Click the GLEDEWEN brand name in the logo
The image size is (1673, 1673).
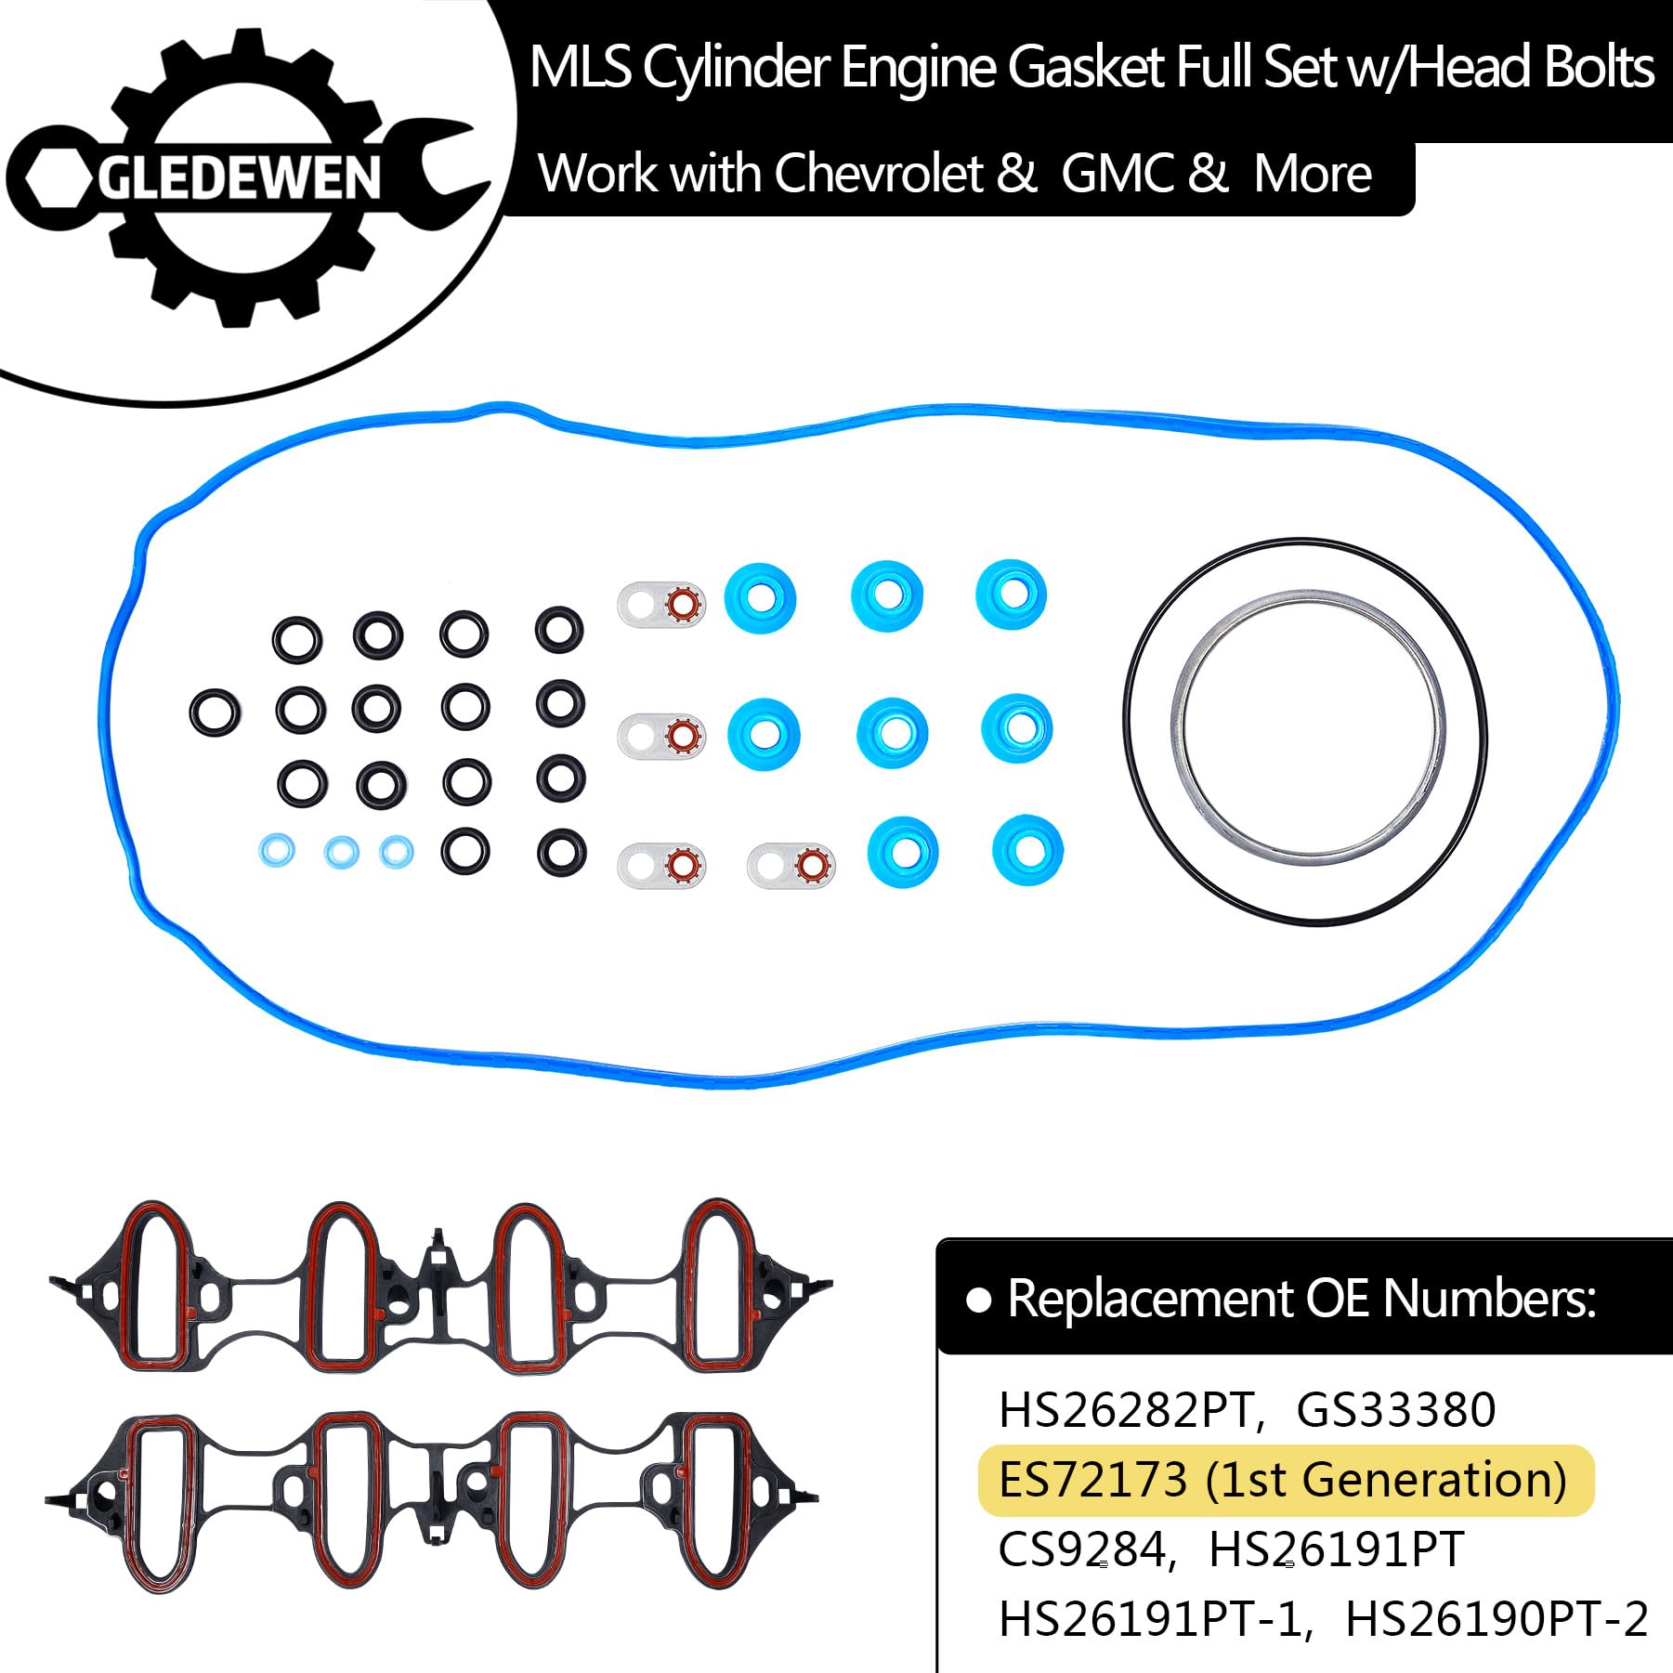click(240, 178)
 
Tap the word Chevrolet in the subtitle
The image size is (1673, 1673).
click(878, 174)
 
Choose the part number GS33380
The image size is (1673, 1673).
click(1395, 1409)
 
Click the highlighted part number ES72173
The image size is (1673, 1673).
click(1092, 1480)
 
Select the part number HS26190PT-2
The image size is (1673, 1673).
click(1496, 1619)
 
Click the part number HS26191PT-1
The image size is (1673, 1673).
click(1154, 1619)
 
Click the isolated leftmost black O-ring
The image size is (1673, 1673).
click(215, 712)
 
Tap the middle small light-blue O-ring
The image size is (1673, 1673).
click(342, 851)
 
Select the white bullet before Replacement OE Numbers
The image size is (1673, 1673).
click(978, 1300)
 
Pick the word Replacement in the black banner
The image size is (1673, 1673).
click(1152, 1298)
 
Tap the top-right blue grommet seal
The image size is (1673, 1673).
click(1012, 595)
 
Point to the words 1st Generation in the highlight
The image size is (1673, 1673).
click(1386, 1480)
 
